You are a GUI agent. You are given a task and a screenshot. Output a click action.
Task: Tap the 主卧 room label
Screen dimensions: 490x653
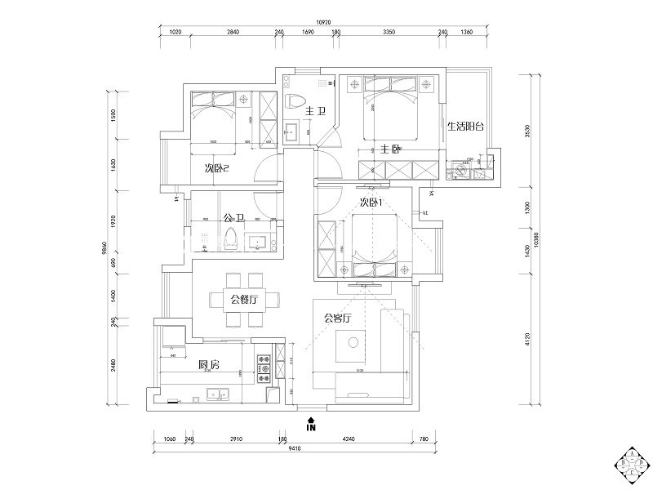(389, 149)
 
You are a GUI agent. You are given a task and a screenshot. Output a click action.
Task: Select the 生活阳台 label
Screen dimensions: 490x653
(465, 127)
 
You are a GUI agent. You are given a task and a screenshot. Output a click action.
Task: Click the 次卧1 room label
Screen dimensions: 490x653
(371, 203)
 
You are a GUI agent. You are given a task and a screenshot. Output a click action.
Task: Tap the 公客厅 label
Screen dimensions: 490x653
(337, 318)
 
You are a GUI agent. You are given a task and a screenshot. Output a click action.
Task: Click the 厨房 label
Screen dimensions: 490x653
(209, 364)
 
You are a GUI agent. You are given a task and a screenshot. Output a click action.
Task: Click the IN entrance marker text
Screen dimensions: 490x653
(310, 425)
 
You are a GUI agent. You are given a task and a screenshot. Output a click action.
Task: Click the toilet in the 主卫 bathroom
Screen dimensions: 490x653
(293, 101)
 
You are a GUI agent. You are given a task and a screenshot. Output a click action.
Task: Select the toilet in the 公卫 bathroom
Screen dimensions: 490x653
(229, 241)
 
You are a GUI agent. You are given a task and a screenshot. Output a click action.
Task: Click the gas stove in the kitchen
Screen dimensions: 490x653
(264, 367)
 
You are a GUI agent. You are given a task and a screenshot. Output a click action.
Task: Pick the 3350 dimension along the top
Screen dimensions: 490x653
(389, 33)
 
